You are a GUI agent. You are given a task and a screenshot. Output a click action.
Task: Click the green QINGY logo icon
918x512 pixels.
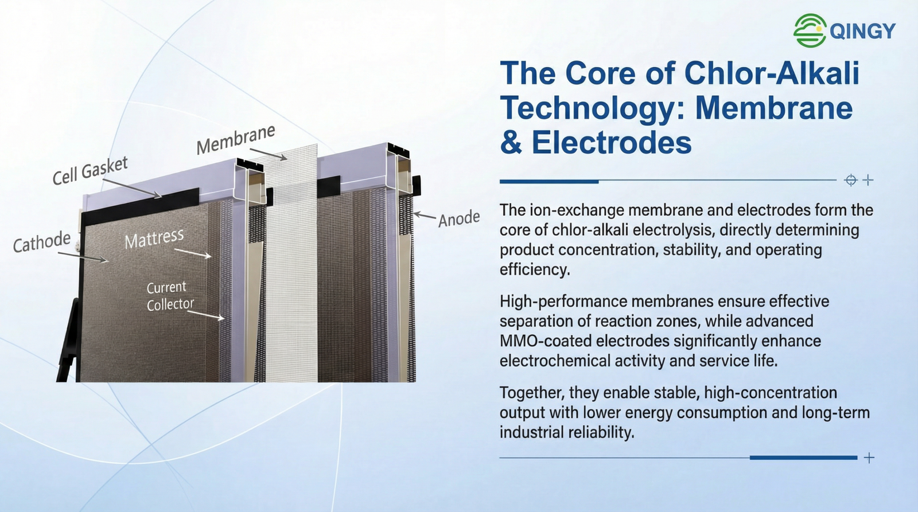coord(810,30)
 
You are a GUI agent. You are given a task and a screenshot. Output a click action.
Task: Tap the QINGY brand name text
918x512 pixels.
coord(863,31)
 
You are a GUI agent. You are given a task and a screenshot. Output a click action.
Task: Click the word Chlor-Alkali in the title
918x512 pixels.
coord(772,73)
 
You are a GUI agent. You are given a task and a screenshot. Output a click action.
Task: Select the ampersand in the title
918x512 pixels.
coord(511,143)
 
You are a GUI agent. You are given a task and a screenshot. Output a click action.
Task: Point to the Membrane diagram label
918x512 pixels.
coord(236,140)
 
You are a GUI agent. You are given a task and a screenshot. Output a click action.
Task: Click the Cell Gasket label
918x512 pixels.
coord(90,170)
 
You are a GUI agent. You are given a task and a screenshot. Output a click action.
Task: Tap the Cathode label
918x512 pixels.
coord(42,241)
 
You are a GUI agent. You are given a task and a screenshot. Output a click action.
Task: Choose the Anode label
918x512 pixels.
coord(459,218)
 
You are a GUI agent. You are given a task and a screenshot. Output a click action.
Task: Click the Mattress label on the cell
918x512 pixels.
coord(154,239)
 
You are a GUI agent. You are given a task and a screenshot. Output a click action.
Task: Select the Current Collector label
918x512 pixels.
coord(170,296)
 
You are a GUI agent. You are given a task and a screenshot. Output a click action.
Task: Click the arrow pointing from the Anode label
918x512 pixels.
coord(425,216)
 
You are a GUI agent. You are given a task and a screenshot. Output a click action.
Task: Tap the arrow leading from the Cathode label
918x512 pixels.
coord(83,257)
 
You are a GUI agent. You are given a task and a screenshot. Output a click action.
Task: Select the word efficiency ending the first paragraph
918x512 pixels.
coord(535,269)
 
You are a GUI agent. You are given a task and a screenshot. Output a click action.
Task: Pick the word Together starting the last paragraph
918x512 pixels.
coord(528,393)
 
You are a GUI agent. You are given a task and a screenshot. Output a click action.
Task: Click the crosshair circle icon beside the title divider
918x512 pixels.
coord(851,180)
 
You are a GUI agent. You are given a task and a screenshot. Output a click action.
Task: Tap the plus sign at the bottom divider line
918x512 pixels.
coord(869,458)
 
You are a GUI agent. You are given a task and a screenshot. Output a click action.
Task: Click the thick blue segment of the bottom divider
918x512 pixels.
coord(804,458)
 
